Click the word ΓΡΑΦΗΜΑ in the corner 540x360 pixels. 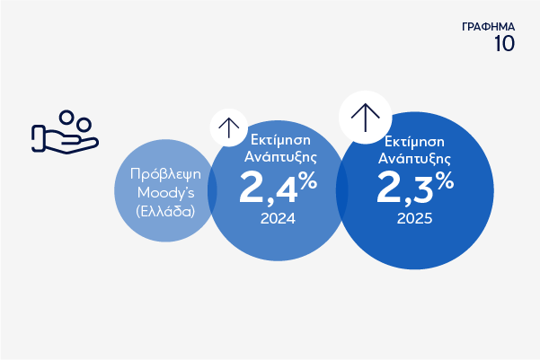(x=489, y=27)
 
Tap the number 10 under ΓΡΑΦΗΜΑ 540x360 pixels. (x=505, y=44)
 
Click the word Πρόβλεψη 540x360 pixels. (x=165, y=175)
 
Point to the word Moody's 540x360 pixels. (x=165, y=193)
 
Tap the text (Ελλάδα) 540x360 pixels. (x=165, y=211)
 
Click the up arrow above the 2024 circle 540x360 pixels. (x=229, y=128)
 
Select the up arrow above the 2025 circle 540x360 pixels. (x=366, y=118)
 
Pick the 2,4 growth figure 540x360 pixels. (x=269, y=188)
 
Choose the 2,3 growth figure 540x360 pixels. (x=405, y=188)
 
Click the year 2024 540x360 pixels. (x=278, y=218)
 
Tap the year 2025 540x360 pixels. (x=414, y=218)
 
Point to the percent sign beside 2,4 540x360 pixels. (x=308, y=180)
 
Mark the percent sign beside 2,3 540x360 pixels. (x=444, y=180)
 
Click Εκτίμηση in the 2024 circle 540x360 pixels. (x=280, y=140)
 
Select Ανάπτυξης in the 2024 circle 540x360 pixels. (x=280, y=157)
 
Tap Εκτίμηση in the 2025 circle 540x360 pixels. (x=414, y=142)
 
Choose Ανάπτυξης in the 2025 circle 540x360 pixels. (x=414, y=159)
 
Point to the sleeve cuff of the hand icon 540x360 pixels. (x=38, y=138)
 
